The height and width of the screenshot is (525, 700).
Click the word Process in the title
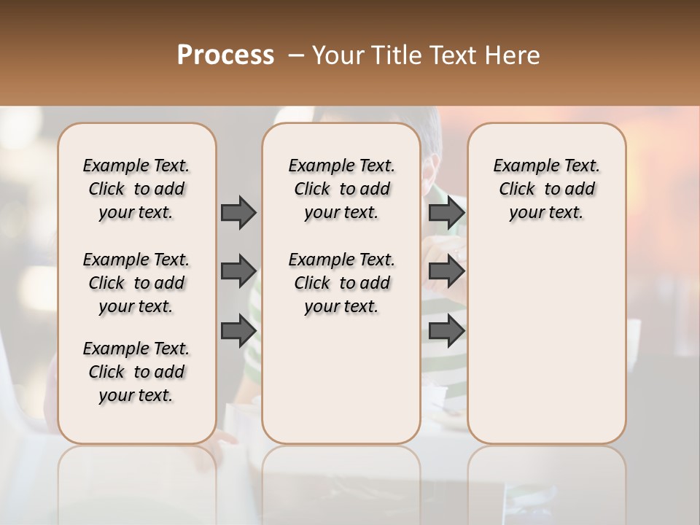click(225, 55)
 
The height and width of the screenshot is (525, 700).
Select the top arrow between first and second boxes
click(238, 212)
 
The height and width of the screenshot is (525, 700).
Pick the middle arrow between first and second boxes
click(238, 271)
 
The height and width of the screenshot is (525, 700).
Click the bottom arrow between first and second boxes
click(238, 330)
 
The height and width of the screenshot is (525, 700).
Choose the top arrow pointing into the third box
click(446, 212)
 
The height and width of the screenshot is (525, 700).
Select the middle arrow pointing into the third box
click(446, 271)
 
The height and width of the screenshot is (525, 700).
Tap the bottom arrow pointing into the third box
click(446, 330)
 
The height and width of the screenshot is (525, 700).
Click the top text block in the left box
click(136, 189)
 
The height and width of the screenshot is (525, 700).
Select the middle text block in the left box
click(136, 283)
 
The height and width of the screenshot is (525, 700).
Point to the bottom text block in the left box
click(136, 372)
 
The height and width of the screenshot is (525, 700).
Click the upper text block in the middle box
click(341, 189)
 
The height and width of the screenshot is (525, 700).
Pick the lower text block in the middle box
click(341, 283)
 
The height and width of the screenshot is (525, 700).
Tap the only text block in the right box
click(546, 189)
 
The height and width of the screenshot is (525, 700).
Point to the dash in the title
click(295, 55)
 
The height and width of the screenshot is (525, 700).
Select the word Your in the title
click(337, 55)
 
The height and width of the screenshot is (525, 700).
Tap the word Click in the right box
click(517, 190)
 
